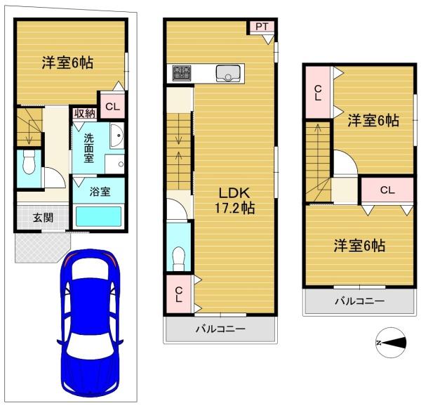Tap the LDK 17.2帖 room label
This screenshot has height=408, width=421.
(x=234, y=201)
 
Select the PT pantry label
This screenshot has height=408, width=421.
(x=262, y=27)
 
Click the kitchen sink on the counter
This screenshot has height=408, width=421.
(x=228, y=73)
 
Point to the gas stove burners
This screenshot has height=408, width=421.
(x=182, y=73)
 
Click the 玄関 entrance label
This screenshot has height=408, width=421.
(x=43, y=218)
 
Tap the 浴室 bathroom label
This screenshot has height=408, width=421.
(x=100, y=192)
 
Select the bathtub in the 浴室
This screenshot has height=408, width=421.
(x=98, y=216)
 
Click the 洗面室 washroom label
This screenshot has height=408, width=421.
(x=88, y=148)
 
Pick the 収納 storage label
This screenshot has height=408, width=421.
(x=85, y=114)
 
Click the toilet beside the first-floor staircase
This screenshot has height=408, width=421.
(x=29, y=162)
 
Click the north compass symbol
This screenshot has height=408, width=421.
(x=391, y=343)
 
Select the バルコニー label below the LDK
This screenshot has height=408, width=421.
(x=220, y=329)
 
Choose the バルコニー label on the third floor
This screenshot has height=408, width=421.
(x=359, y=301)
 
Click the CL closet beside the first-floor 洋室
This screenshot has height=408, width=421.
(x=112, y=107)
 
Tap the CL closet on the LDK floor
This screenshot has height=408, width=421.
(x=178, y=294)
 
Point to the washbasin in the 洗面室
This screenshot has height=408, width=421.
(x=116, y=136)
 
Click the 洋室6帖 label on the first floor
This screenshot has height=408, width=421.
(x=67, y=62)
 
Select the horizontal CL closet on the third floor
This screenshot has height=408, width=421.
(x=387, y=190)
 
